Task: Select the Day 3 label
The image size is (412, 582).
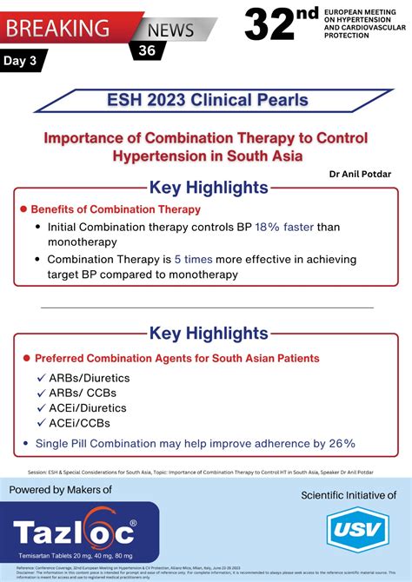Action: click(x=23, y=63)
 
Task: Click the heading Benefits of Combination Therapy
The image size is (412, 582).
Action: click(x=116, y=209)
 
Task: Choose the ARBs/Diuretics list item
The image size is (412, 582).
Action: click(x=83, y=379)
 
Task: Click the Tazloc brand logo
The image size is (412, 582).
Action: click(x=75, y=531)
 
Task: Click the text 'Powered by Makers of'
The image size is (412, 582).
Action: click(x=61, y=491)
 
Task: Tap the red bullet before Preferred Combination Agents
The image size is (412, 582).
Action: click(x=27, y=358)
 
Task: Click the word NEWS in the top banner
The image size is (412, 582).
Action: click(x=170, y=30)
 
